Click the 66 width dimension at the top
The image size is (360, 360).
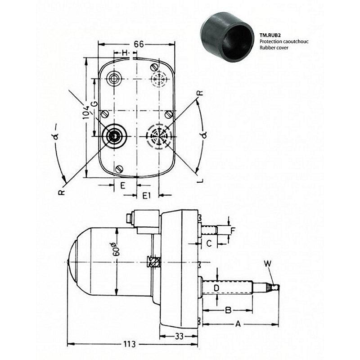(139, 44)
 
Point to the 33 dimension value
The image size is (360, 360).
(179, 336)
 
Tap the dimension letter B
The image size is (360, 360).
(228, 310)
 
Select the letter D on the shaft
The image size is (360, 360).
(216, 288)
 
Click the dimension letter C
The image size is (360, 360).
(209, 243)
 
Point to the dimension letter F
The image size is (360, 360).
(233, 230)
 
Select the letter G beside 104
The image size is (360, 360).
(94, 104)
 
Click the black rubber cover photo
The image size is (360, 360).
(227, 35)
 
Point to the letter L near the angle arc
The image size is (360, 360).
(201, 180)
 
